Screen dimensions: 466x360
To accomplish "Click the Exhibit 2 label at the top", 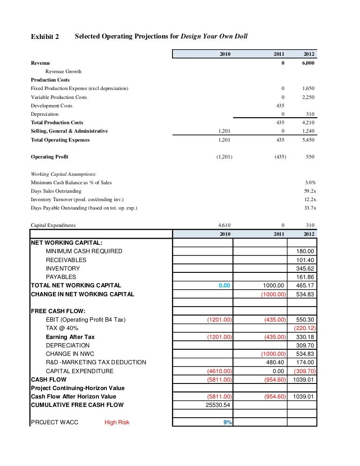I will (x=45, y=37).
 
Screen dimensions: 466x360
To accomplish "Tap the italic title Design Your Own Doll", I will (x=218, y=36).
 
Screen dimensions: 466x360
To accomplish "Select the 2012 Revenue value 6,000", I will (x=308, y=63).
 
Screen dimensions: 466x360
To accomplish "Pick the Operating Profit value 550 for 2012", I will (x=310, y=157).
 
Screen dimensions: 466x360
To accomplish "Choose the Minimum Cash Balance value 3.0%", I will (x=310, y=182).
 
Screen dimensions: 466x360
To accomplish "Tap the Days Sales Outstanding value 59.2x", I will (x=310, y=191).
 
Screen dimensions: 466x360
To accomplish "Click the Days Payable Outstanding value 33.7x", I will (x=310, y=208).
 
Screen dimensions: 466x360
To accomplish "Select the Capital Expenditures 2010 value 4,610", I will (x=224, y=225).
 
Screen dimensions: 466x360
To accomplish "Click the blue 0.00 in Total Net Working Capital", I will (x=225, y=285).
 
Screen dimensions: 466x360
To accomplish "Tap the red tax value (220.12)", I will (x=304, y=328).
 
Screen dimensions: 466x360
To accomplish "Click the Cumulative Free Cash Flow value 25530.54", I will (x=219, y=405).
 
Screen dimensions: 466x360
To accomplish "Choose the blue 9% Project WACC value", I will (x=227, y=422).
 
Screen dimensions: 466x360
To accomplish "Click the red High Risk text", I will (x=117, y=422).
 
